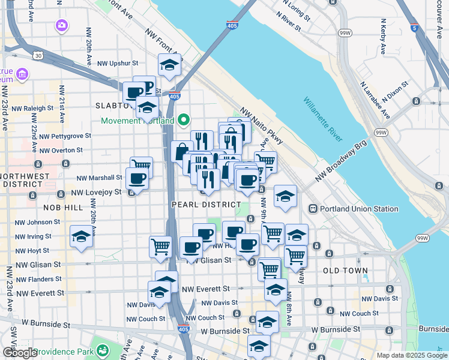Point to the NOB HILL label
63,206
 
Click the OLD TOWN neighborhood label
345,271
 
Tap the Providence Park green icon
103,349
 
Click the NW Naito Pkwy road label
262,127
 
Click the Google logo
19,353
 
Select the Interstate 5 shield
415,27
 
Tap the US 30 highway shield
38,55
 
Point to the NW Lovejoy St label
97,192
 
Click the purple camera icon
61,25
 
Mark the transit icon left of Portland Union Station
313,209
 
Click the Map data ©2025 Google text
411,355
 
